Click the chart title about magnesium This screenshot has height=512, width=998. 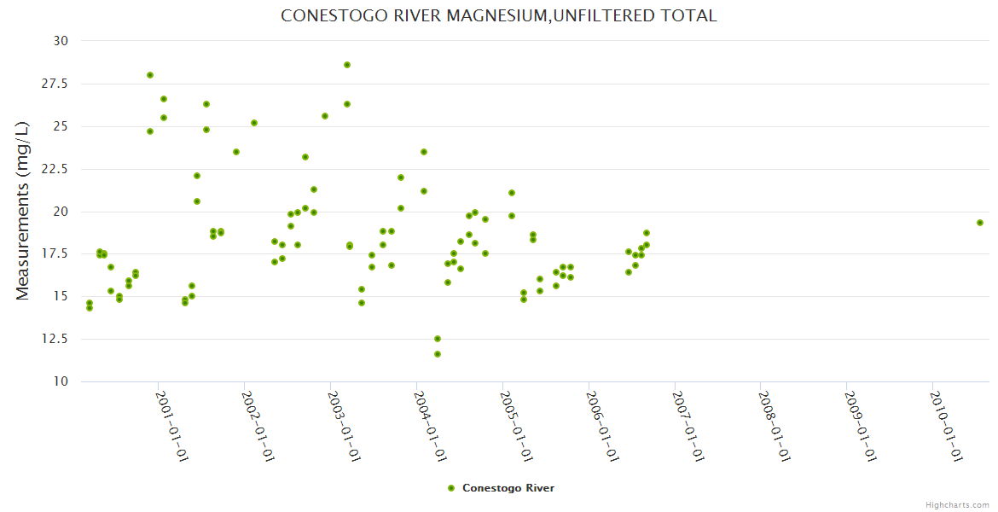(x=499, y=16)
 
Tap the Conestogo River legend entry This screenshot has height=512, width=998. (x=508, y=488)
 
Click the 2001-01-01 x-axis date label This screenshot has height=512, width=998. (x=171, y=426)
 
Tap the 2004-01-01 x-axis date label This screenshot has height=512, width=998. (x=430, y=426)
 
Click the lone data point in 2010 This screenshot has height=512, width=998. (x=980, y=223)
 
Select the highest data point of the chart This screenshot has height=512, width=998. (x=347, y=65)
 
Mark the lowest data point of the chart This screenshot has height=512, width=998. (x=438, y=354)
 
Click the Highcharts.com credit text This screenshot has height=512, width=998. (x=957, y=504)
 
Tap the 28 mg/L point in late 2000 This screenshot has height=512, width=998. (x=150, y=75)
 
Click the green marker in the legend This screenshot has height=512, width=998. (x=451, y=488)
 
